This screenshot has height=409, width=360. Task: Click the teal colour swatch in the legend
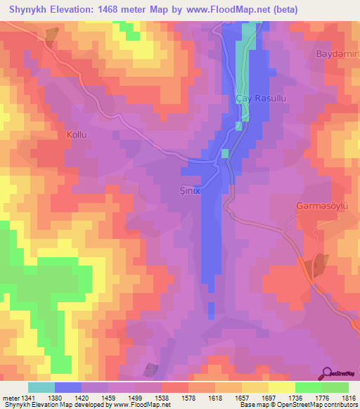point(41,387)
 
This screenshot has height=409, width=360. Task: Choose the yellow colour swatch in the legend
point(281,387)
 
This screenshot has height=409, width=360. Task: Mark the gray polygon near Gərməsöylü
point(319,265)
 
